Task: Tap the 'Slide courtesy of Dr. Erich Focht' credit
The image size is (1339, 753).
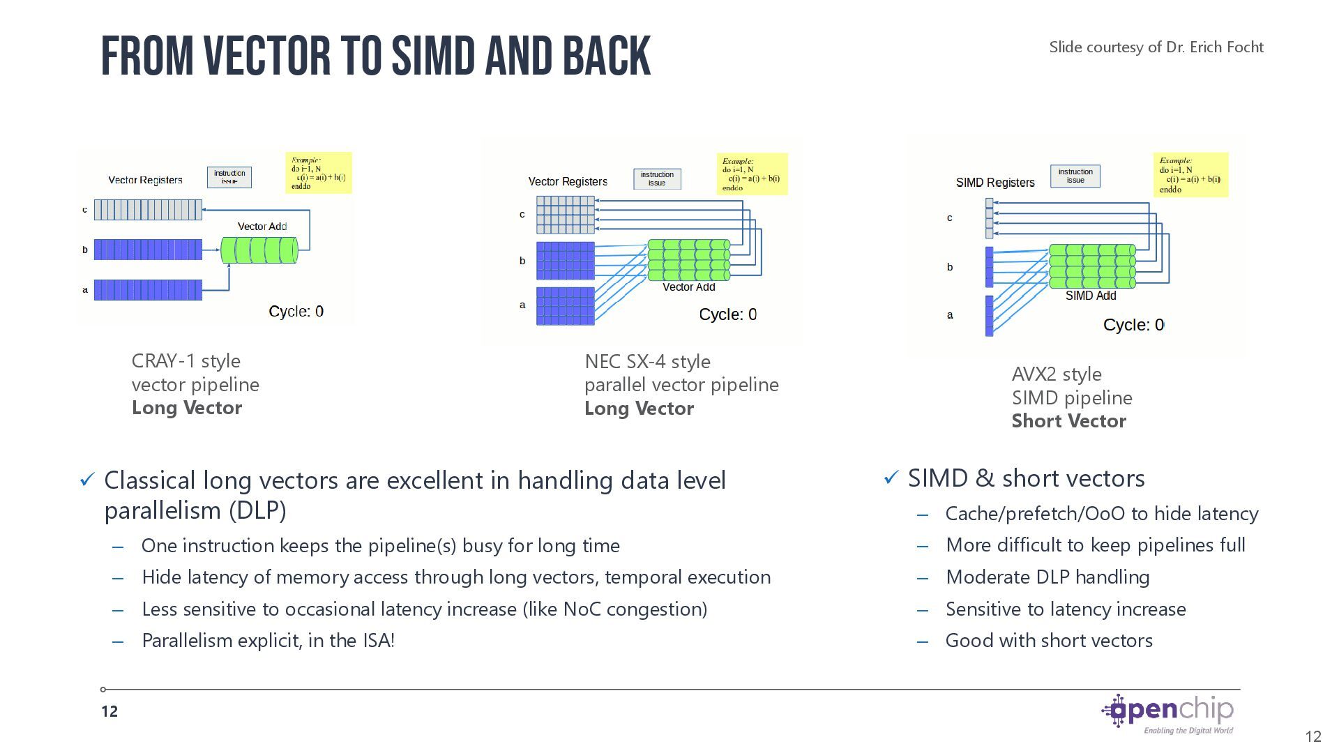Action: (x=1156, y=47)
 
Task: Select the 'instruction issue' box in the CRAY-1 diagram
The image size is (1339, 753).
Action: (x=229, y=177)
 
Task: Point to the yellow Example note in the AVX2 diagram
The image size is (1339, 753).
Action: (x=1190, y=175)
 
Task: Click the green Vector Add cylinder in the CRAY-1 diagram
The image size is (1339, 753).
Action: (x=259, y=250)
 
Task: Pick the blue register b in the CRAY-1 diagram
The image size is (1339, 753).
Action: (x=148, y=250)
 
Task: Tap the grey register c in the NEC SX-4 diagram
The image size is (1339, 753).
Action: (x=566, y=215)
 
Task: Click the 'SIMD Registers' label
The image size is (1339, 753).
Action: (x=994, y=183)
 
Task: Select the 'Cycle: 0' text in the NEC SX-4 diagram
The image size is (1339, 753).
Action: (x=727, y=314)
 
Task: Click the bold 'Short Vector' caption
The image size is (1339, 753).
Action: (x=1068, y=421)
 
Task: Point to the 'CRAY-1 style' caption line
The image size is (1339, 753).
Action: (x=186, y=361)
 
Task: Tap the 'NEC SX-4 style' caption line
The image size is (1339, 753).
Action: (x=647, y=362)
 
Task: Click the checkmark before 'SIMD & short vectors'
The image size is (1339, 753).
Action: (x=891, y=478)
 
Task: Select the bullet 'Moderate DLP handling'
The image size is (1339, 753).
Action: (x=1047, y=577)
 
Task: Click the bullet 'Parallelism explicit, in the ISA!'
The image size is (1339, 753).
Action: (x=268, y=641)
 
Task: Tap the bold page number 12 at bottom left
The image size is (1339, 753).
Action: (x=109, y=711)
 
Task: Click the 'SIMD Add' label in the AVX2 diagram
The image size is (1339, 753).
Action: (x=1090, y=296)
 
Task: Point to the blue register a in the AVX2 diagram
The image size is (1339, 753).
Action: (x=989, y=316)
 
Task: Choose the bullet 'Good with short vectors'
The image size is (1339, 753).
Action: (x=1048, y=641)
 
